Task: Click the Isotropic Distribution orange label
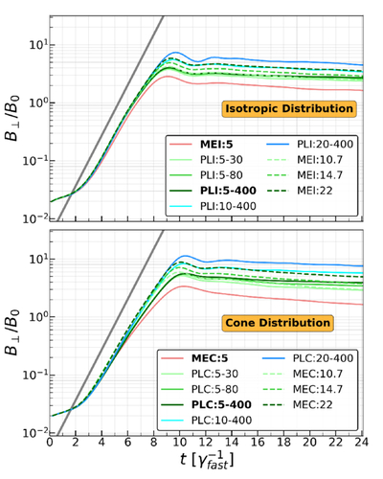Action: pos(289,108)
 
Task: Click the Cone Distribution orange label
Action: pos(278,323)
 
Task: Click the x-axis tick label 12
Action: pos(206,443)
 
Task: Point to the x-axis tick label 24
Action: pos(362,443)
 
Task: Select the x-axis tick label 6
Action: pos(127,443)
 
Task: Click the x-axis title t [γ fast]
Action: pos(207,461)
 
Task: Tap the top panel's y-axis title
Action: pos(12,118)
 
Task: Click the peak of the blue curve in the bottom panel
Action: pos(184,256)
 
